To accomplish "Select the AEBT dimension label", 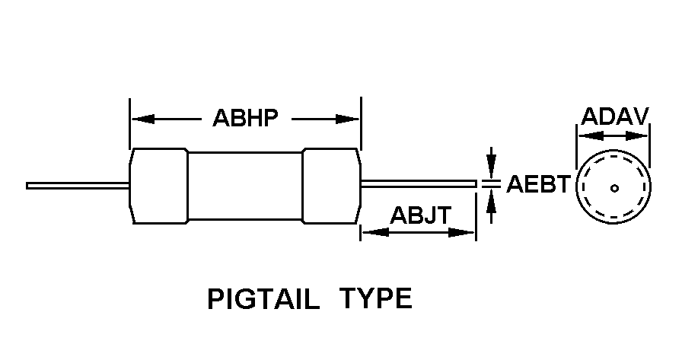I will coord(538,184).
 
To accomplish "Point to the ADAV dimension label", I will coord(614,116).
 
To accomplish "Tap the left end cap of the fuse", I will coord(159,186).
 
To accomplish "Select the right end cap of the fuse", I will coord(332,186).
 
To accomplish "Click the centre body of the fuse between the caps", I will coord(245,186).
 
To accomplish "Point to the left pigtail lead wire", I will coord(76,185).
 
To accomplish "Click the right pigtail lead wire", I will coord(419,183).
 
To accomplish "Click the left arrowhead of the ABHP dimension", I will coord(142,119).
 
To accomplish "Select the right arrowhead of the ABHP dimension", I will coord(349,119).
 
